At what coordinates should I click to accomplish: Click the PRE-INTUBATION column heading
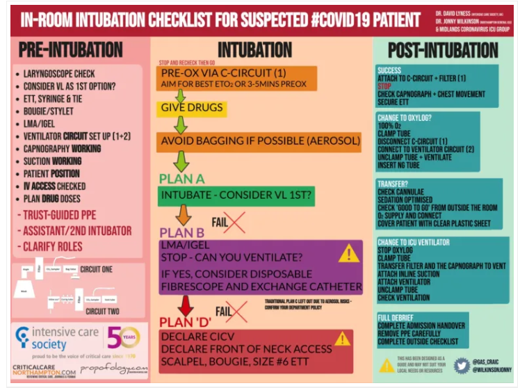click(x=71, y=50)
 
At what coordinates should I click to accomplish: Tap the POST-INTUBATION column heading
click(x=443, y=49)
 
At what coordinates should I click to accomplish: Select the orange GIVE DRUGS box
click(x=192, y=108)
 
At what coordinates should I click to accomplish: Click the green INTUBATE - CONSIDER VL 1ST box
click(x=236, y=196)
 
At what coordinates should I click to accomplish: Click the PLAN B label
click(x=182, y=232)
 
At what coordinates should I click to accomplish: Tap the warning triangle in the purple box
click(x=348, y=254)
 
